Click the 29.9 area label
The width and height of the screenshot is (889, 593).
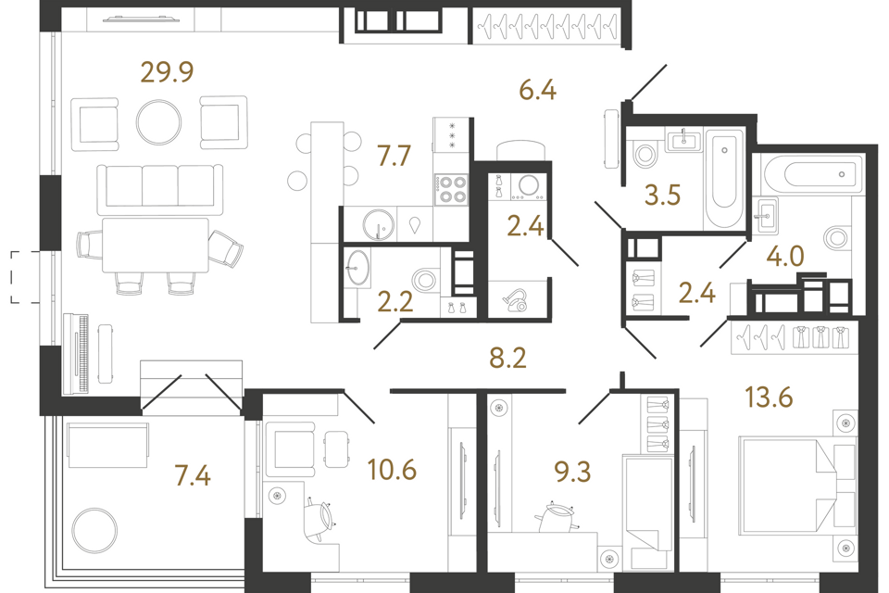(x=167, y=72)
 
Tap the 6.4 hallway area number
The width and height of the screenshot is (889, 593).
(x=537, y=90)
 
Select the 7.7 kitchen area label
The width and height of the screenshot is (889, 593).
(x=394, y=156)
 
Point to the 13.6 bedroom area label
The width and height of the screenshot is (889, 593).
(x=769, y=397)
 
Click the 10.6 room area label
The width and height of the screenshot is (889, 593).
(x=392, y=470)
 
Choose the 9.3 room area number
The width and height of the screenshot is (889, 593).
(x=572, y=472)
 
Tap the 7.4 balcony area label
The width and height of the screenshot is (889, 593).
(x=193, y=475)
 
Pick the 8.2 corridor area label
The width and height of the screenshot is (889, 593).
(x=508, y=358)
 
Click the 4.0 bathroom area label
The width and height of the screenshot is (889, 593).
(x=785, y=257)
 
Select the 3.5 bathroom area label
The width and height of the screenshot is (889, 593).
(x=662, y=196)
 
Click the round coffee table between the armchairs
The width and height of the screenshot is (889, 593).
(x=158, y=122)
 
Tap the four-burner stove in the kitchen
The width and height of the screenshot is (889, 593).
(x=451, y=190)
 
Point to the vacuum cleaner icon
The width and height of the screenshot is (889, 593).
(x=516, y=299)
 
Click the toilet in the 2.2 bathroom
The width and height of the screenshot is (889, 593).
(x=425, y=281)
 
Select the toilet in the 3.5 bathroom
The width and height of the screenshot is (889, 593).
(x=645, y=153)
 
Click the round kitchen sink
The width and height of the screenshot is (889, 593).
(x=378, y=225)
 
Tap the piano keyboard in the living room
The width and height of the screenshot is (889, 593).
(x=76, y=354)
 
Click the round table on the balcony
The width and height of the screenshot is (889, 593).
(x=94, y=531)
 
